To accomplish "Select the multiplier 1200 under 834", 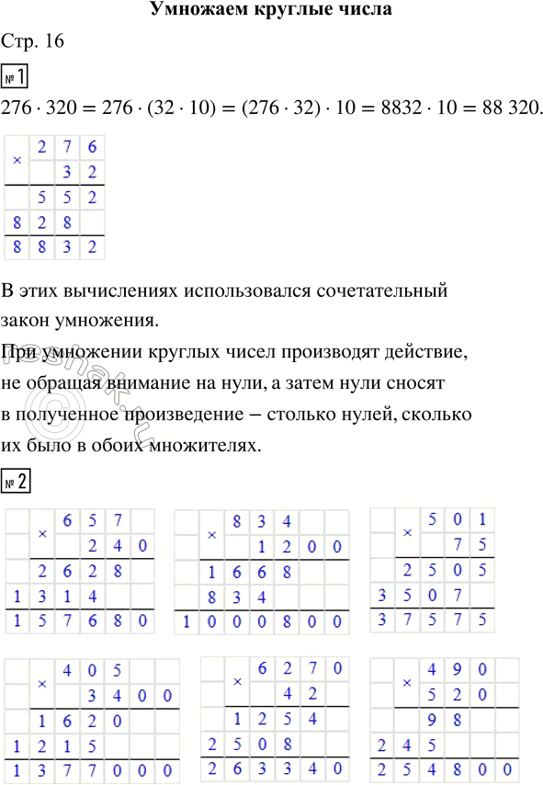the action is pos(288,547).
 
